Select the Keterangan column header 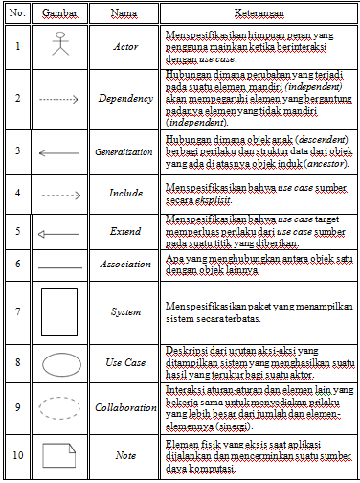tap(258, 14)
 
